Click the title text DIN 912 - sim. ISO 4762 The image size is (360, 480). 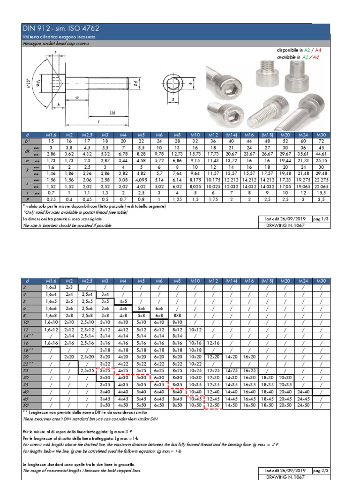pyautogui.click(x=61, y=28)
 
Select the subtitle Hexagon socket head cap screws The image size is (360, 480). pyautogui.click(x=56, y=43)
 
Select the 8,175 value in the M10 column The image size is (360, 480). pyautogui.click(x=195, y=180)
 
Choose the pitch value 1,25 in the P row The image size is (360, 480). pyautogui.click(x=177, y=199)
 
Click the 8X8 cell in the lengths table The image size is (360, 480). pyautogui.click(x=177, y=316)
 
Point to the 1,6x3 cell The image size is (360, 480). pyautogui.click(x=50, y=286)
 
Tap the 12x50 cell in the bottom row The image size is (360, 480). pyautogui.click(x=213, y=405)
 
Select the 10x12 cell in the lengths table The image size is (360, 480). pyautogui.click(x=195, y=330)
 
